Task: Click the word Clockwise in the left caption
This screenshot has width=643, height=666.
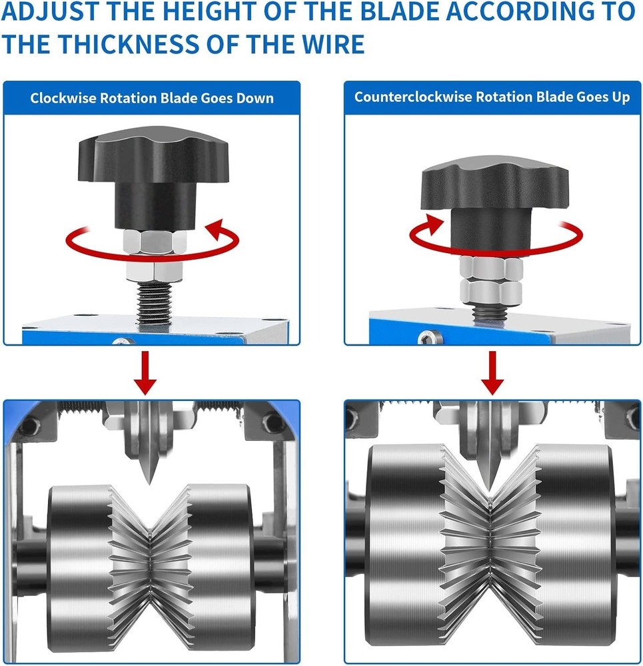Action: tap(63, 98)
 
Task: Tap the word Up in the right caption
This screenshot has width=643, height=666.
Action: tap(621, 97)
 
